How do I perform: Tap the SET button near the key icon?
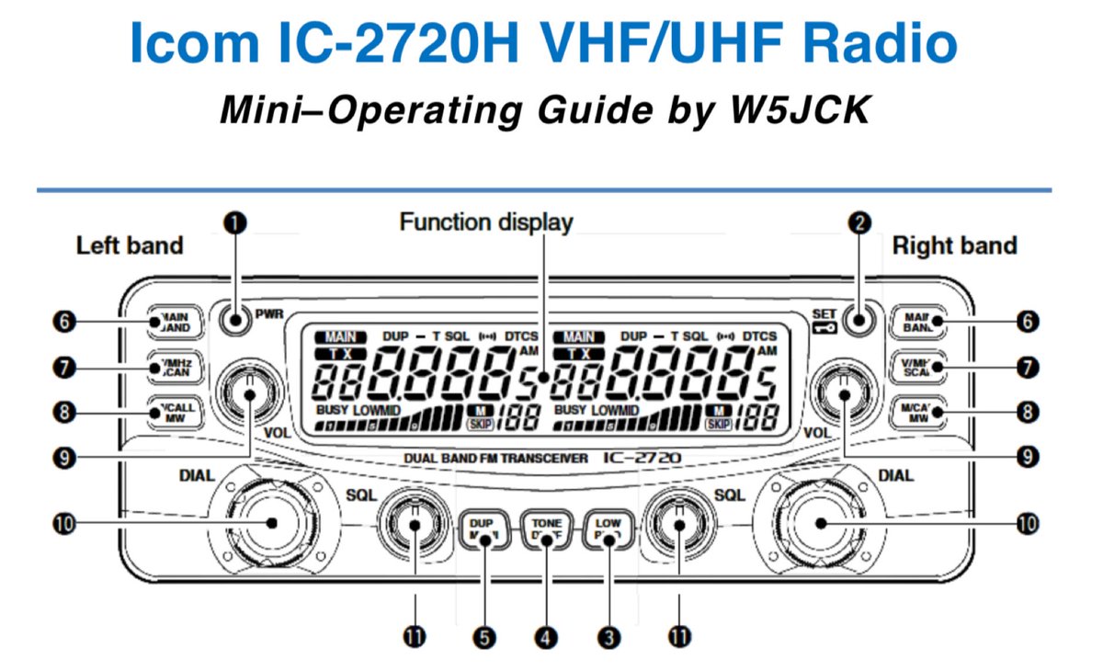[x=859, y=321]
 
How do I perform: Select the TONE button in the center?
[x=545, y=530]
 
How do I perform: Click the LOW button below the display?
[x=607, y=530]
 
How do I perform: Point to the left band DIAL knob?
[x=270, y=523]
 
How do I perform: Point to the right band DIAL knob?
[x=821, y=523]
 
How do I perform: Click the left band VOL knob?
[x=249, y=391]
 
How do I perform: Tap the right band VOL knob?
[x=841, y=391]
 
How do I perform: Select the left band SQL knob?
[x=414, y=524]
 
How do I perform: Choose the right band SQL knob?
[x=678, y=524]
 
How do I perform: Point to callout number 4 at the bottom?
[x=546, y=636]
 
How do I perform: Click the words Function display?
[x=485, y=222]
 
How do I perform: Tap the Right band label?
[x=954, y=245]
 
